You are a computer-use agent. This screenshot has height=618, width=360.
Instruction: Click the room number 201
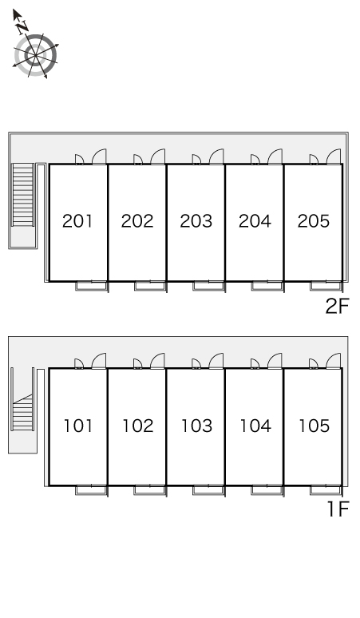(x=77, y=221)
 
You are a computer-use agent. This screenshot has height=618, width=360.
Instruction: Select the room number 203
(x=196, y=221)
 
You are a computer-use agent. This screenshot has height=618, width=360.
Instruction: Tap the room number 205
(x=314, y=221)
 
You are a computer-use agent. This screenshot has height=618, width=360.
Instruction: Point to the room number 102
(x=137, y=426)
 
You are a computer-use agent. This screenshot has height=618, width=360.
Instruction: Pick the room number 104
(x=255, y=426)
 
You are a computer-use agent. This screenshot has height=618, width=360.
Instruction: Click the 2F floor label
(x=338, y=306)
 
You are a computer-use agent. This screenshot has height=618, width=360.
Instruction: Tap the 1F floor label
(x=338, y=509)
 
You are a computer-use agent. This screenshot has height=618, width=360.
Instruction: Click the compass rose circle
(x=35, y=55)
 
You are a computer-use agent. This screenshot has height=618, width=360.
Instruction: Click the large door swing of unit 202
(x=158, y=156)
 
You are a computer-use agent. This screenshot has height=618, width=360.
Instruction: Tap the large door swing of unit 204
(x=275, y=156)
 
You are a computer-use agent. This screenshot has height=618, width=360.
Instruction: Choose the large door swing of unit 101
(x=99, y=361)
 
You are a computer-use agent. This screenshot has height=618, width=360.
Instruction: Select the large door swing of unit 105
(x=334, y=361)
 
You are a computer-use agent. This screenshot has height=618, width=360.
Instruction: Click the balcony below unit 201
(x=91, y=286)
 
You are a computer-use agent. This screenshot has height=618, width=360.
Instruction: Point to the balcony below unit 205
(x=326, y=286)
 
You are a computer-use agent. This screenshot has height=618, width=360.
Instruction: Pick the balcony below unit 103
(x=208, y=490)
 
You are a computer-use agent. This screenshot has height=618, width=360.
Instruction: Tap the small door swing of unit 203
(x=196, y=159)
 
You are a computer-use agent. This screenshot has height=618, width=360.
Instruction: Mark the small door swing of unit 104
(x=255, y=364)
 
